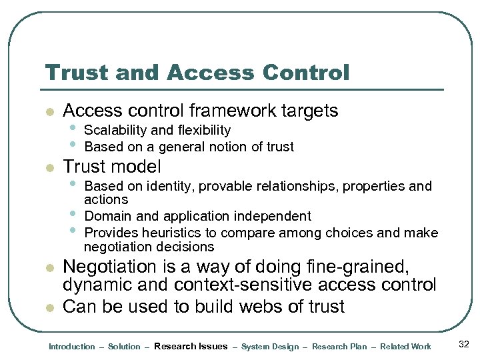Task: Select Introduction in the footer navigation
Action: pos(72,347)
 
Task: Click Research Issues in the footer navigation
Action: pos(191,347)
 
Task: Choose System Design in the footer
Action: pos(270,347)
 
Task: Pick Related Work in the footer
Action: pos(405,347)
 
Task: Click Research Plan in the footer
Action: pos(339,347)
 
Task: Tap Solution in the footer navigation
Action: pos(124,347)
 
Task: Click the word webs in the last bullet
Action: pos(252,307)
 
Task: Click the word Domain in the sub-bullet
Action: pos(106,216)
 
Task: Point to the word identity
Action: pos(169,186)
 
